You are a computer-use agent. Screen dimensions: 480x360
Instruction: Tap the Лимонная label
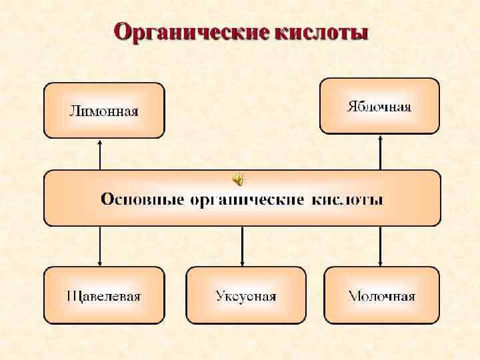[x=104, y=111]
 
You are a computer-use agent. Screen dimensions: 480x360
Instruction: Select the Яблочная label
[x=379, y=106]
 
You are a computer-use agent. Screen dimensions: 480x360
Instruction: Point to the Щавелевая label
[x=104, y=296]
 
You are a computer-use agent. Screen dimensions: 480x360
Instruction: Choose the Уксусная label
[x=245, y=296]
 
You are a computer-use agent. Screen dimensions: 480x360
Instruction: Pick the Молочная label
[x=382, y=296]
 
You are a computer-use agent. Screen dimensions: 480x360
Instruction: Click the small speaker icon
[x=238, y=179]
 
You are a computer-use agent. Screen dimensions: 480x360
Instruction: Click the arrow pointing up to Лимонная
[x=100, y=155]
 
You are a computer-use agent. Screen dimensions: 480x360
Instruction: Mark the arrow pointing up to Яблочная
[x=380, y=152]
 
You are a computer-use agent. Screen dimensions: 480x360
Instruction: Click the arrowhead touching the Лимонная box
[x=100, y=141]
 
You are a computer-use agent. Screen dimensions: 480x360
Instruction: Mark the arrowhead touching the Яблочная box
[x=380, y=137]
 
